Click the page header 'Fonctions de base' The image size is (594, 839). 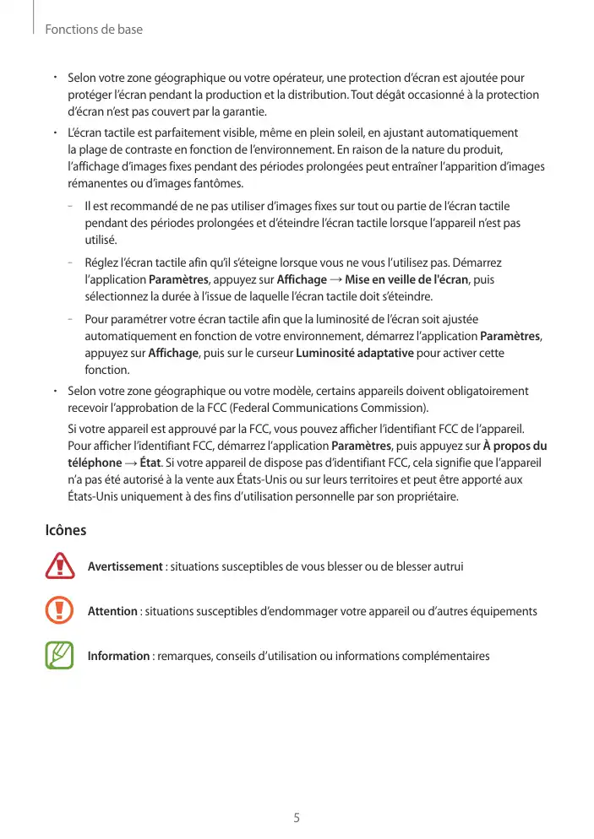(94, 30)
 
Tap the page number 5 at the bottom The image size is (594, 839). (297, 818)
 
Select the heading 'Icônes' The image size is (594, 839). (65, 531)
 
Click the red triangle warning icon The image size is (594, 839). (60, 566)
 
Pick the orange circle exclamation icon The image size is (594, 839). (60, 611)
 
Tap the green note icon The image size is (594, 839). (60, 656)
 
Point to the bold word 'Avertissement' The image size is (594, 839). (125, 566)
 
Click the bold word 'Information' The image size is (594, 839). (119, 656)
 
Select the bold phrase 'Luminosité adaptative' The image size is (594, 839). (354, 352)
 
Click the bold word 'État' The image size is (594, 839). (150, 463)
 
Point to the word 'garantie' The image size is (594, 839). (241, 111)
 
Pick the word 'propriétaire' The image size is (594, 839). (425, 496)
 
